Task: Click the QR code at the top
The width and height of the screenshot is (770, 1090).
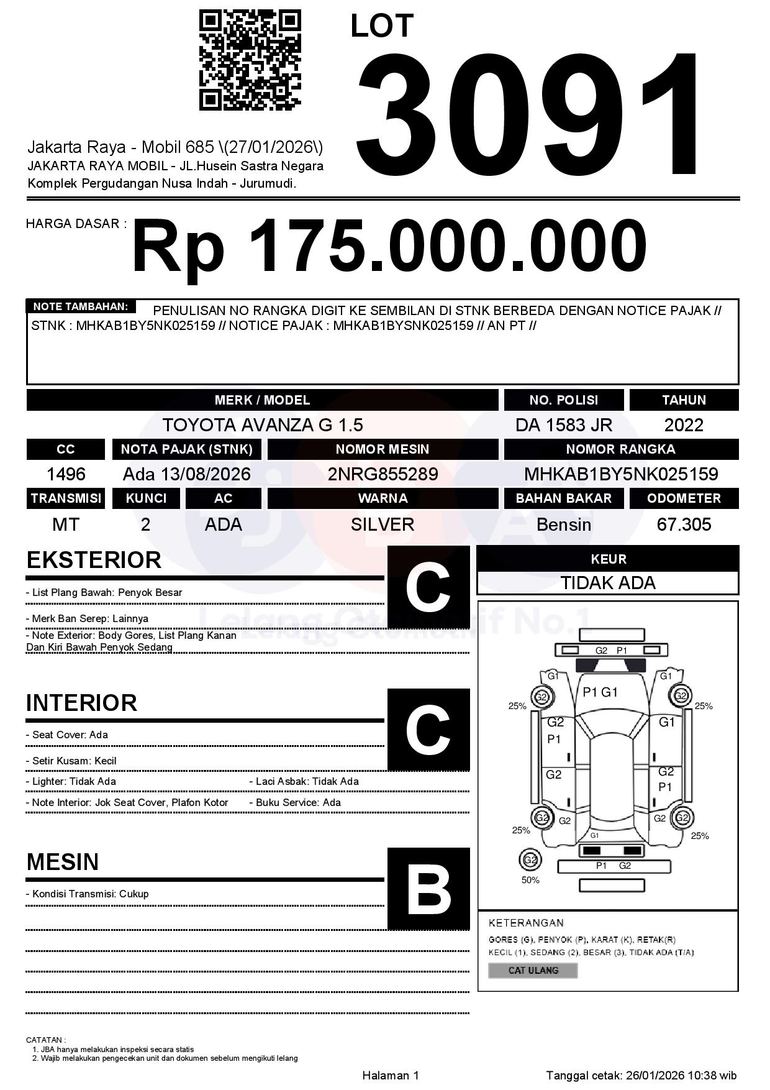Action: click(250, 60)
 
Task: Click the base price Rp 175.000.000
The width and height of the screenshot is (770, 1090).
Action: click(389, 246)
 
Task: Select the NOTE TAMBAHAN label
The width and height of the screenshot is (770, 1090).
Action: click(81, 306)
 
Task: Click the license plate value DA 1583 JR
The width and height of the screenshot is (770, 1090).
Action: click(563, 425)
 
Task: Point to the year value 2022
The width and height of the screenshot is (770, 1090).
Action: click(684, 425)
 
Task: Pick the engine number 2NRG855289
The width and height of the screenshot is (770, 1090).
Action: click(383, 474)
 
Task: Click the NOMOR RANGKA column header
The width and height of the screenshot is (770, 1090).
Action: click(620, 449)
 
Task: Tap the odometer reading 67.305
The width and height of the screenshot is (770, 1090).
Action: click(684, 524)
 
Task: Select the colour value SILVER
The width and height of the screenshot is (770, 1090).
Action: click(383, 524)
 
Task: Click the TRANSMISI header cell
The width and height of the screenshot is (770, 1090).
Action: click(66, 498)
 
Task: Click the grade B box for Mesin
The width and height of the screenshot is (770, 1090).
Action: click(428, 889)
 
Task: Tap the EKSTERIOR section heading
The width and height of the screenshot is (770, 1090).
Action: click(94, 560)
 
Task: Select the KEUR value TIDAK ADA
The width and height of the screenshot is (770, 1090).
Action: click(608, 583)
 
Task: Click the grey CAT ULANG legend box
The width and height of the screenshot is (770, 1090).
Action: click(533, 970)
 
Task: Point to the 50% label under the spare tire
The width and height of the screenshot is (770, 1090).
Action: click(530, 880)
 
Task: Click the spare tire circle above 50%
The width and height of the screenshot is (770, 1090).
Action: click(530, 860)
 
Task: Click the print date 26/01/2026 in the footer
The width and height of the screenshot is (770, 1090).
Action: click(654, 1075)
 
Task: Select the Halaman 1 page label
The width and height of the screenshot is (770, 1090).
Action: click(391, 1075)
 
